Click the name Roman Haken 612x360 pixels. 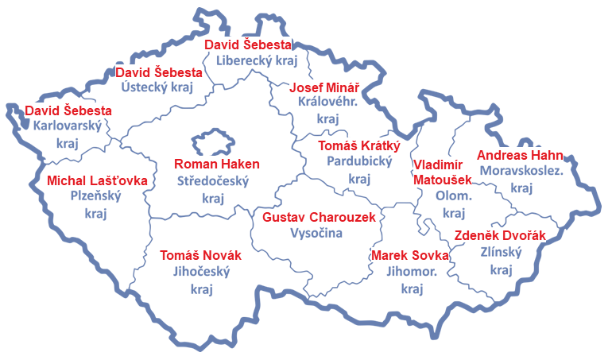click(216, 165)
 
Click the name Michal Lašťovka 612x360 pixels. click(97, 180)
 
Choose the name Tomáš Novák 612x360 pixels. click(200, 255)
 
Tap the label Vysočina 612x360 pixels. click(316, 233)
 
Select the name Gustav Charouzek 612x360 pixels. click(318, 217)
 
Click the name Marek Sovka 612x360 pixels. click(409, 255)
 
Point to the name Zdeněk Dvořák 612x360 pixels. click(500, 235)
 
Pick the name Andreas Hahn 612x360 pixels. click(520, 155)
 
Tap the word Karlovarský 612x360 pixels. click(68, 126)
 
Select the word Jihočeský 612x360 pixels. click(200, 272)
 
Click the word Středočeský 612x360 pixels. click(212, 181)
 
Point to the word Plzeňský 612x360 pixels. click(95, 196)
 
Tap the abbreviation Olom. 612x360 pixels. click(453, 196)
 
